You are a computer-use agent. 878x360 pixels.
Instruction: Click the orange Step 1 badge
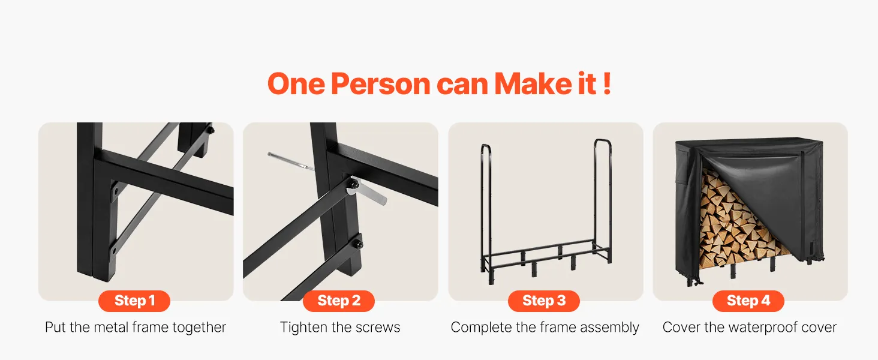click(134, 301)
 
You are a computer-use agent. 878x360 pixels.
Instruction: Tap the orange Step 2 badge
click(339, 301)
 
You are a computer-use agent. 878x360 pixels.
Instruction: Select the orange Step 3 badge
click(544, 301)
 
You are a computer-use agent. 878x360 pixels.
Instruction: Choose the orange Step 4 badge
click(748, 301)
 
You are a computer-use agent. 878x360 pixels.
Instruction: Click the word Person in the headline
click(381, 84)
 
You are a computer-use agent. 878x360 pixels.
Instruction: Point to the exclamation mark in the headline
click(607, 83)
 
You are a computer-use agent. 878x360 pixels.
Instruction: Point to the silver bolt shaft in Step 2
click(291, 161)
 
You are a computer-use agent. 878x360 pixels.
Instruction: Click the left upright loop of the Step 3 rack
click(486, 204)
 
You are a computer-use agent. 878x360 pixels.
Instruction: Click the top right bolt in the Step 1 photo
click(211, 130)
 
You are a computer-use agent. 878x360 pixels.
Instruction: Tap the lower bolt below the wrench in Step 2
click(357, 244)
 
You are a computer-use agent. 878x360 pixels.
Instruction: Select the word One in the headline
click(296, 84)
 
